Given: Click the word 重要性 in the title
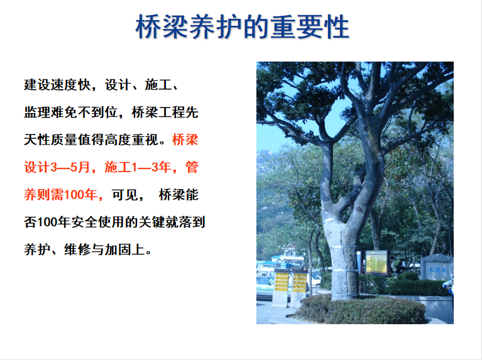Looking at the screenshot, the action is (310, 27).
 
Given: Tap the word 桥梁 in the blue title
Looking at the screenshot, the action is (162, 27).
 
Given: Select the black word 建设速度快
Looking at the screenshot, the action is (57, 85).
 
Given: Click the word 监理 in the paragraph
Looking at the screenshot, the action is (37, 112).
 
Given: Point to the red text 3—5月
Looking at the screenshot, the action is (70, 167).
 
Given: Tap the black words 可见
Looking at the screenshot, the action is (124, 195).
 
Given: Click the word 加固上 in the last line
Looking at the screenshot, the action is (124, 249).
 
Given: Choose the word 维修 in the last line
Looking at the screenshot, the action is (77, 249).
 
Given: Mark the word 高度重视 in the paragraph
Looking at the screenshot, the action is (131, 140).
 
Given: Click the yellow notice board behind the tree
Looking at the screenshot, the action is (376, 261).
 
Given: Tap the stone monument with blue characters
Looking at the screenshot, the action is (437, 268).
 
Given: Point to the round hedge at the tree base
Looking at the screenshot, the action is (359, 309).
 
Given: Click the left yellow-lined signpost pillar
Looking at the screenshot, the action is (282, 288).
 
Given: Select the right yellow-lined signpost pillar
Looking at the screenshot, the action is (299, 288).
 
